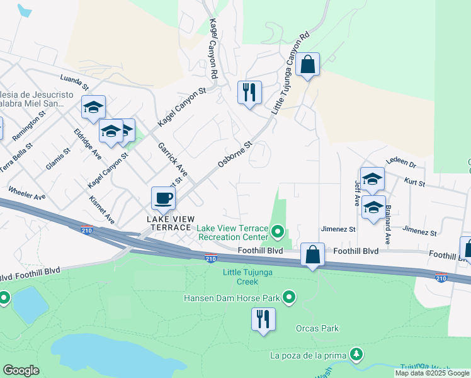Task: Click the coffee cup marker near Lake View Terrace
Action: [x=163, y=198]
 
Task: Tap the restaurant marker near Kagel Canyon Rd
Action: [x=249, y=93]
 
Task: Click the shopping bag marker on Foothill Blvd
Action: [x=312, y=255]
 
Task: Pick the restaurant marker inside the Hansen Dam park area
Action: [x=263, y=319]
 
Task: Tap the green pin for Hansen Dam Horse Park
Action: [x=290, y=297]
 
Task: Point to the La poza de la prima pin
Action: [x=357, y=355]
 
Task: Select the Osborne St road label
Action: [x=235, y=154]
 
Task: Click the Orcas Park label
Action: [x=317, y=328]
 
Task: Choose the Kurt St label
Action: [x=416, y=184]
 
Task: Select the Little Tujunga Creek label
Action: [x=249, y=277]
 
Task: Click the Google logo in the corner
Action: [x=21, y=370]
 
